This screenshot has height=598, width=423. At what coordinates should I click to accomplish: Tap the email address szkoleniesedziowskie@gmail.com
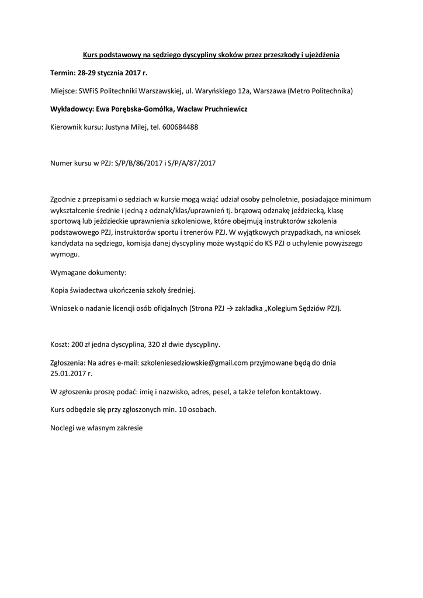coord(195,362)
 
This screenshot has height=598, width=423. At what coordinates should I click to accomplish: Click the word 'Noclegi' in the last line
coord(63,427)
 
